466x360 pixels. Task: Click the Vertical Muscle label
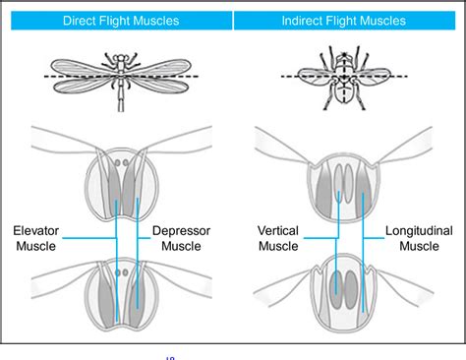point(278,238)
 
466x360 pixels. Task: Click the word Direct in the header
point(80,21)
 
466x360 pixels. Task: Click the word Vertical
point(278,230)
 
